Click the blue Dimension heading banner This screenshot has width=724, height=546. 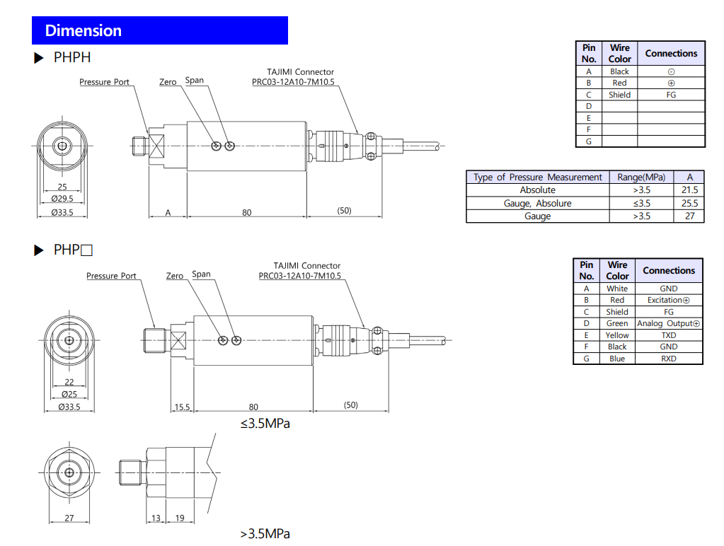click(159, 30)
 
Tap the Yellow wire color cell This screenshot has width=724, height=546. click(617, 335)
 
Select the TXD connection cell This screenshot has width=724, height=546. click(668, 335)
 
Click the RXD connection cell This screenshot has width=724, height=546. click(668, 359)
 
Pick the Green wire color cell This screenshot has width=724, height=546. click(617, 323)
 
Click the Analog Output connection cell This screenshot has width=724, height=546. click(668, 323)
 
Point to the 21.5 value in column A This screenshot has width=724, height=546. click(689, 190)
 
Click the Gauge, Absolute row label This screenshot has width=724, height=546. click(537, 203)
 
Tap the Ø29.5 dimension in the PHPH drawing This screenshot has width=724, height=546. click(62, 199)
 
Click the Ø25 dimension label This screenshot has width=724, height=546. click(69, 394)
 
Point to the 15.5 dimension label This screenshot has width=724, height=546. click(183, 407)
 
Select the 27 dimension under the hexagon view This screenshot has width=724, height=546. click(69, 518)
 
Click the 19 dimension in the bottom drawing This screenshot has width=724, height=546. click(180, 518)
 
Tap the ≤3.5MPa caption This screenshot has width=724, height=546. click(265, 424)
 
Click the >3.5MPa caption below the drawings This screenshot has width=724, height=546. click(265, 533)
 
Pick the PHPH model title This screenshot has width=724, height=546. click(71, 57)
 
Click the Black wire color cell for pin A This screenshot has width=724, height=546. click(619, 71)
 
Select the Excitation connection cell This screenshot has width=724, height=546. click(668, 300)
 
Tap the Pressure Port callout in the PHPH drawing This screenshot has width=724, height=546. click(104, 82)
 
